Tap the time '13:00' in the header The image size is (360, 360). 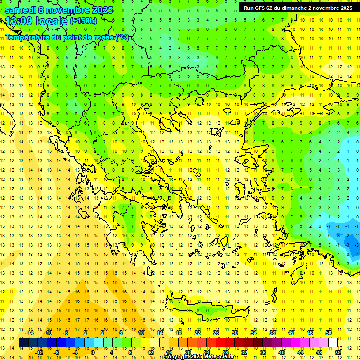pyautogui.click(x=19, y=21)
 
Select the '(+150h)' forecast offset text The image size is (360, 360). pyautogui.click(x=83, y=21)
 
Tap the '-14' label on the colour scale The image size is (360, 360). pyautogui.click(x=30, y=333)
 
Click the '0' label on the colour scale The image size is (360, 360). pyautogui.click(x=92, y=352)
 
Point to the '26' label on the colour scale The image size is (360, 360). pyautogui.click(x=216, y=333)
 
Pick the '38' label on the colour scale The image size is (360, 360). pyautogui.click(x=272, y=333)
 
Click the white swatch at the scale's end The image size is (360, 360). pyautogui.click(x=333, y=343)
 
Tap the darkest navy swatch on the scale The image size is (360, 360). pyautogui.click(x=23, y=343)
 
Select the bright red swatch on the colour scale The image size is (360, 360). pyautogui.click(x=220, y=343)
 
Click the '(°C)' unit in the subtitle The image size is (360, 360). pyautogui.click(x=122, y=37)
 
